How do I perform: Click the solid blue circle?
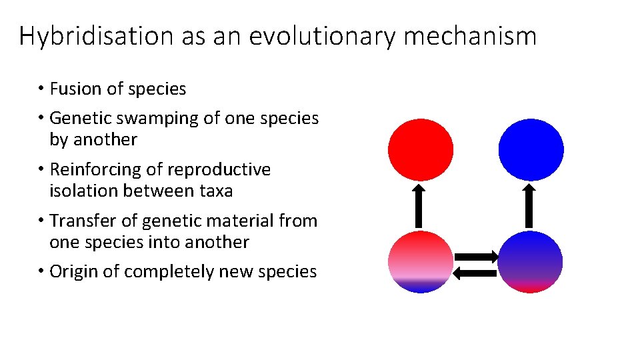point(531,150)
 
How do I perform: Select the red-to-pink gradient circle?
point(421,261)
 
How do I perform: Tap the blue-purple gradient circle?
point(531,261)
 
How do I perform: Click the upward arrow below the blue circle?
point(529,206)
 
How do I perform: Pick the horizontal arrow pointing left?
point(475,272)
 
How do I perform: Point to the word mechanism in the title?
point(469,36)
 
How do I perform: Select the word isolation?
point(83,191)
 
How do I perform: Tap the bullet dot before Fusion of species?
point(41,89)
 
